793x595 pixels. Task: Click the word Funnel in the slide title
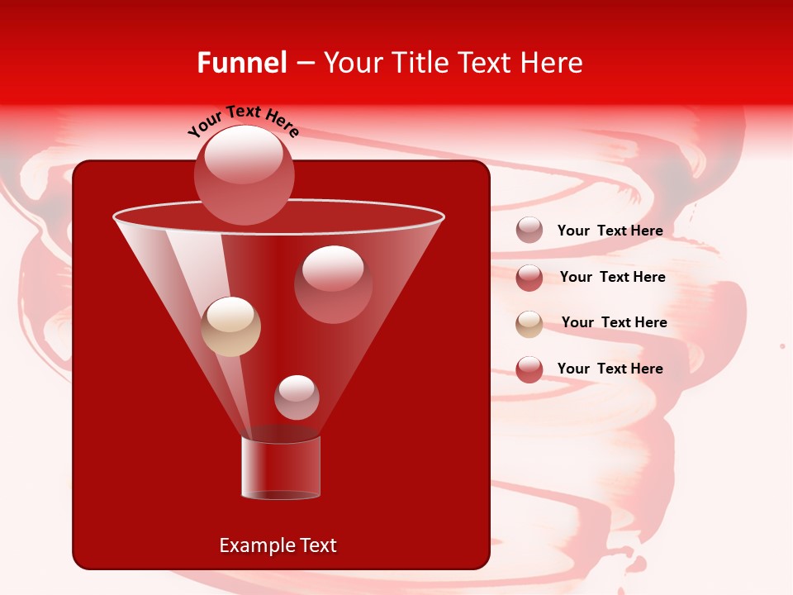coord(241,63)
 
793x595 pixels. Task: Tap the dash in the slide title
coord(304,64)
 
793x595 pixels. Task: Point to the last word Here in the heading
coord(551,63)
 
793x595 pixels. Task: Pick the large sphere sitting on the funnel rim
coord(245,174)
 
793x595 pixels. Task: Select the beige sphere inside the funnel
coord(230,326)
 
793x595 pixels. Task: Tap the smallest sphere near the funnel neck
coord(297,397)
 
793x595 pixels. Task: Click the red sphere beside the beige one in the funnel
coord(333,283)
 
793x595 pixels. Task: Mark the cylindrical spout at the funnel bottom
coord(281,468)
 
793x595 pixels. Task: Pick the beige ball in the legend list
coord(529,324)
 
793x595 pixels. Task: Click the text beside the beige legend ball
coord(614,322)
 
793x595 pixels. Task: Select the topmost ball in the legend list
coord(529,230)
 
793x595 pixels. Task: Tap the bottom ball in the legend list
coord(529,369)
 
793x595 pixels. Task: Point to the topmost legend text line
coord(610,231)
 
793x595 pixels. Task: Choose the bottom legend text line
coord(610,369)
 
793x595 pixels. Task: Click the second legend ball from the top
coord(529,278)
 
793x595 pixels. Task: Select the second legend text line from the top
coord(612,277)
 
